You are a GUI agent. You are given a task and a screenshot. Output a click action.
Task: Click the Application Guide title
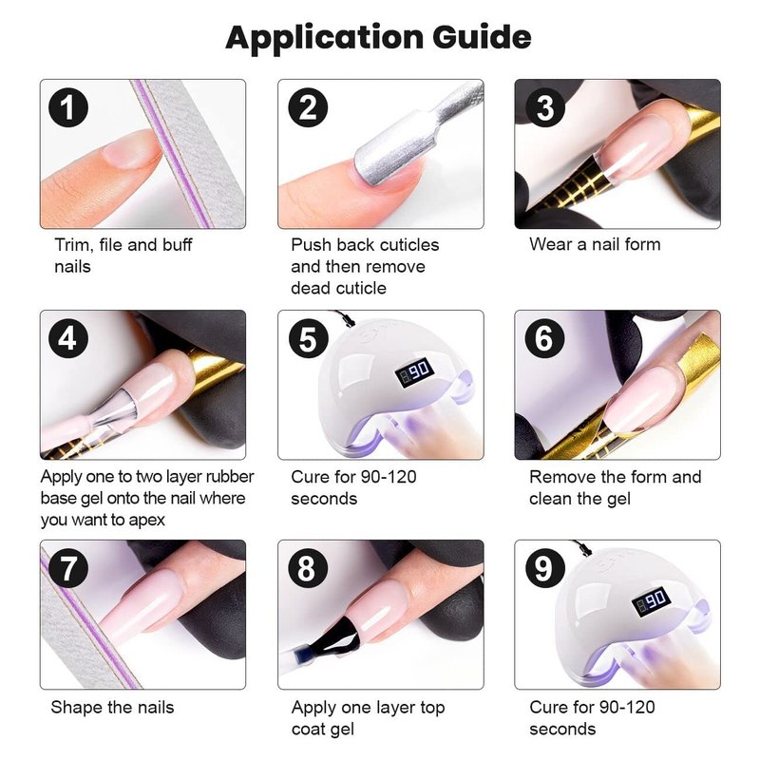point(378,38)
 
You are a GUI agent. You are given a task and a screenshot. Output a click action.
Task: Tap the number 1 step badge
point(68,107)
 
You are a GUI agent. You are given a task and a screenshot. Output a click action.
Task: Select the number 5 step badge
point(308,338)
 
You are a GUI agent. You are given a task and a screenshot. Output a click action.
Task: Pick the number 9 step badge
point(545,568)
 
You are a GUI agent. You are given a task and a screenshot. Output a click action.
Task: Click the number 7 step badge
point(68,568)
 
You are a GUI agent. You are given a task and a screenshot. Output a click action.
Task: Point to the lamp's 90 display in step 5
point(414,371)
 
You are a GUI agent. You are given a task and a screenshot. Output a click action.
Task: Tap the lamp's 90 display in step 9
point(651,601)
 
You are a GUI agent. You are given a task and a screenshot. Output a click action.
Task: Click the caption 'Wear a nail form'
point(595,244)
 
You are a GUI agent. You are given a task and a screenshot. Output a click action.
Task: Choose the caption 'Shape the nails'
point(112,707)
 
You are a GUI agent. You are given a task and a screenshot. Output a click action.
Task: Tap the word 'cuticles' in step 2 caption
point(409,245)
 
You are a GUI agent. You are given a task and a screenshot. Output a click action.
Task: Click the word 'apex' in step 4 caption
point(147,521)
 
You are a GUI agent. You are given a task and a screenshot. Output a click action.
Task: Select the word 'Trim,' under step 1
point(74,245)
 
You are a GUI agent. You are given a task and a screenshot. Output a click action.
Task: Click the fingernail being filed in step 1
point(131,150)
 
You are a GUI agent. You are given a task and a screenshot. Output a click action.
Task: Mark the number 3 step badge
point(545,107)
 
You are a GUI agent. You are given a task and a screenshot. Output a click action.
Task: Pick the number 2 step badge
point(308,107)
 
